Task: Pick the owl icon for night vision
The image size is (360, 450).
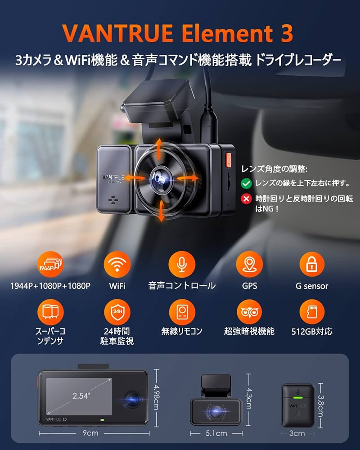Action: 249,312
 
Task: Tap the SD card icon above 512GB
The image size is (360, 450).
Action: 312,312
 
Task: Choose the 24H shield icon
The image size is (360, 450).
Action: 117,312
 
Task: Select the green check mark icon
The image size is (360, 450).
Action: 246,183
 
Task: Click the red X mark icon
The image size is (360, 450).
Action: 246,198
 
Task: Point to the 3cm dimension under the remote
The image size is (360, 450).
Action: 297,433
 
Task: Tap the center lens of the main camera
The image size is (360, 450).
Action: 161,179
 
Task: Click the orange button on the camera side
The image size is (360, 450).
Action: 227,158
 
